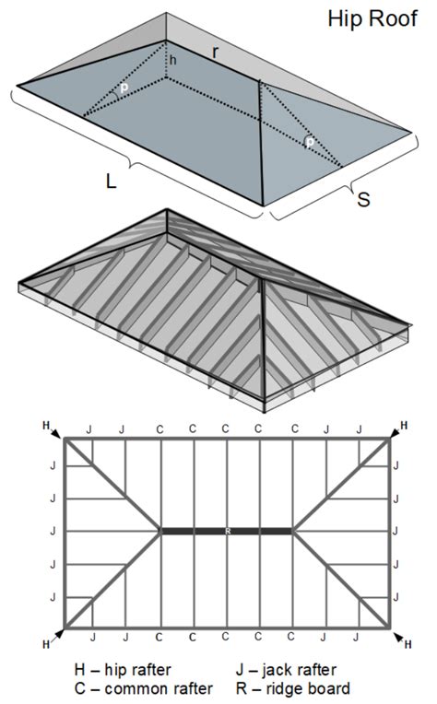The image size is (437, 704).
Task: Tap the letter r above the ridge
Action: pos(215,53)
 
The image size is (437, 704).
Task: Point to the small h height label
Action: pos(171,61)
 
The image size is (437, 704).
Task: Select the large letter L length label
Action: pos(111,182)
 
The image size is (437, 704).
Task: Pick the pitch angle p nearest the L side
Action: pos(123,89)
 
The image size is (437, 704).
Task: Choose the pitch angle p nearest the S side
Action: pos(310,143)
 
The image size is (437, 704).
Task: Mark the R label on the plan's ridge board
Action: pos(227,531)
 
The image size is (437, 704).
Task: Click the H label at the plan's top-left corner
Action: pos(46,425)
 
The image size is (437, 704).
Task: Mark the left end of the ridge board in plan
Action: pos(163,531)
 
